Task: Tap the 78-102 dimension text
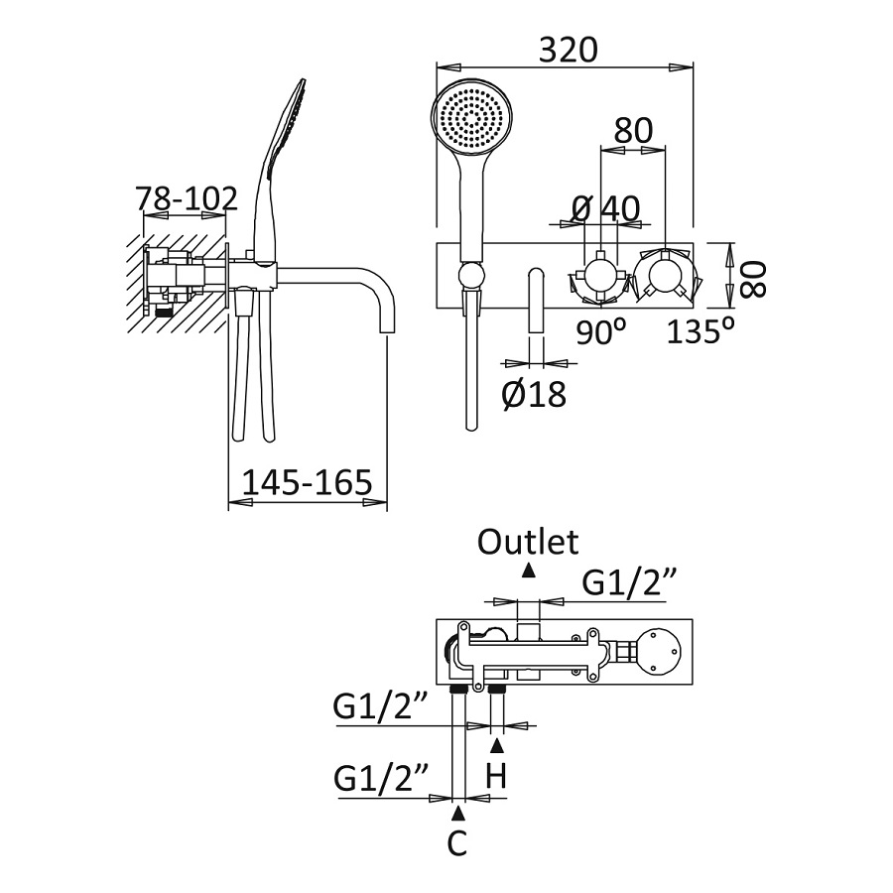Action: coord(188,198)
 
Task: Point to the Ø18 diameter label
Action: coord(534,394)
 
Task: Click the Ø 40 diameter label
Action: coord(606,208)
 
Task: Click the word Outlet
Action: coord(528,542)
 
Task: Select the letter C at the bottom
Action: coord(457,843)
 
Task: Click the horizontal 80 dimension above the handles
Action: coord(633,131)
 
